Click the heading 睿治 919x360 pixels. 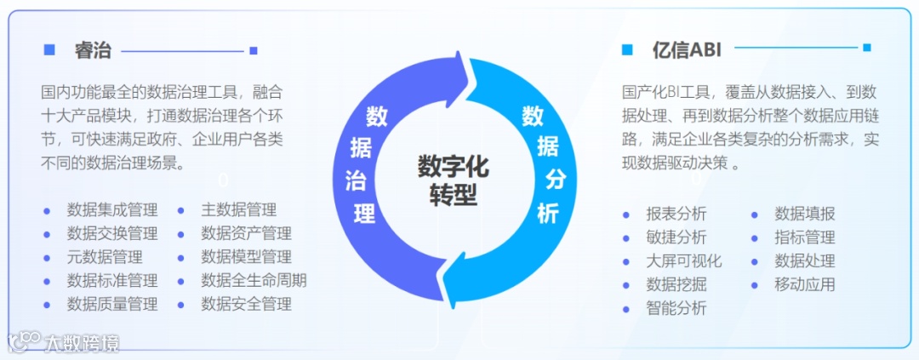pos(92,50)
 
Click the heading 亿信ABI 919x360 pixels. pos(687,49)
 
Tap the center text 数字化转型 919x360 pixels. pos(453,180)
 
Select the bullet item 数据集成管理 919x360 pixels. pos(112,209)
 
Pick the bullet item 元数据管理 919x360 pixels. pos(105,256)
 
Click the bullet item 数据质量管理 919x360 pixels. pos(112,304)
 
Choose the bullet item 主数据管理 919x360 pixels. pos(238,209)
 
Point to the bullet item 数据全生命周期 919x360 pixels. pos(254,280)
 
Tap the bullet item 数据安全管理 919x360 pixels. pos(246,304)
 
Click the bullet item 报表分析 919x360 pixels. pos(676,214)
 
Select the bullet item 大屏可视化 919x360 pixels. pos(683,261)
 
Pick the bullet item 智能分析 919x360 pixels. pos(676,308)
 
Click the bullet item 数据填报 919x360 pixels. pos(804,214)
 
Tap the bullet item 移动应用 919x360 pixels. pos(804,284)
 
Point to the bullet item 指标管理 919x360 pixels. pos(804,237)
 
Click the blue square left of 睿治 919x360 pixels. pos(49,50)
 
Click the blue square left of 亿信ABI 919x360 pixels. pos(627,49)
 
